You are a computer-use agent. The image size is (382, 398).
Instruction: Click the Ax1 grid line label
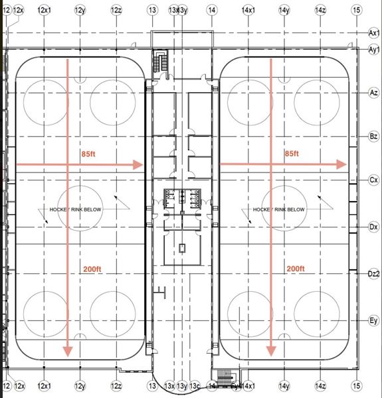coord(373,32)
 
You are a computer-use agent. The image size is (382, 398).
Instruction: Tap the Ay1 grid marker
coord(373,49)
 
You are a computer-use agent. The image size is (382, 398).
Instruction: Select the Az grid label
coord(373,94)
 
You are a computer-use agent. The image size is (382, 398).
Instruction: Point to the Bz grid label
coord(373,136)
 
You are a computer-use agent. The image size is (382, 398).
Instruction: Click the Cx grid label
coord(373,180)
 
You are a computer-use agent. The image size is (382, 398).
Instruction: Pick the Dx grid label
coord(373,227)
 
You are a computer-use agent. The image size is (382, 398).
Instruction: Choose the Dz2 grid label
coord(373,273)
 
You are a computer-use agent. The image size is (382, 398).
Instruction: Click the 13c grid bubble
coord(195,385)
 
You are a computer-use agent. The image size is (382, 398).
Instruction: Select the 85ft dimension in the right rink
coord(291,154)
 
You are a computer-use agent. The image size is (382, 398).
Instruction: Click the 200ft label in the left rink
coord(92,269)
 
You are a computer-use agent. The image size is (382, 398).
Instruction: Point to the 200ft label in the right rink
coord(295,269)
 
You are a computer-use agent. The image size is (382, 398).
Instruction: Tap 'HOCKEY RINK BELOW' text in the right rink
coord(279,210)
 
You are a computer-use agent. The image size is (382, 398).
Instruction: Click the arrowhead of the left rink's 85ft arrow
coord(139,165)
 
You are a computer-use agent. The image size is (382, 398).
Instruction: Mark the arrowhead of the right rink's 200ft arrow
coord(271,351)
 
